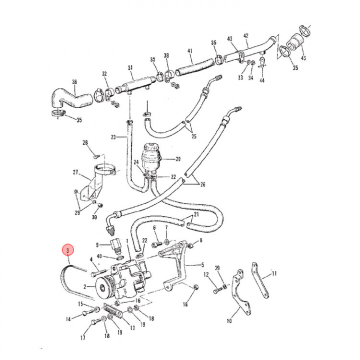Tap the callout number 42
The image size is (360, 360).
(245, 35)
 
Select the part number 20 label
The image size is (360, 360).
(177, 159)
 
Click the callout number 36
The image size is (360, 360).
(74, 82)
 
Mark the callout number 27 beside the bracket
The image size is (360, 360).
(75, 173)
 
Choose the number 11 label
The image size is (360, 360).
(274, 273)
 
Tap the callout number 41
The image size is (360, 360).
(190, 50)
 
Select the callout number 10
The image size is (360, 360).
(229, 321)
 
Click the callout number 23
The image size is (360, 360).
(113, 136)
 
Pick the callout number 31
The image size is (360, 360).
(130, 68)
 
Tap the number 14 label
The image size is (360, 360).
(69, 319)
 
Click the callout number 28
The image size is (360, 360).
(85, 143)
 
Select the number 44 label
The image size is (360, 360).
(262, 80)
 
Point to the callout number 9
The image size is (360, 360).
(97, 244)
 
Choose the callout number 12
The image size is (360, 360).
(206, 274)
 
